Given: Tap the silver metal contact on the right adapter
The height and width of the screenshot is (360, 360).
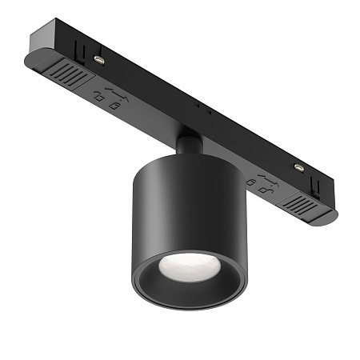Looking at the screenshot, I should pyautogui.click(x=298, y=167).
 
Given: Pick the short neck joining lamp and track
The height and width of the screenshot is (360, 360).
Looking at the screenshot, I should pyautogui.click(x=186, y=146).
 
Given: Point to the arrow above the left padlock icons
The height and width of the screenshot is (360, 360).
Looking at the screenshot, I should pyautogui.click(x=113, y=90).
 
